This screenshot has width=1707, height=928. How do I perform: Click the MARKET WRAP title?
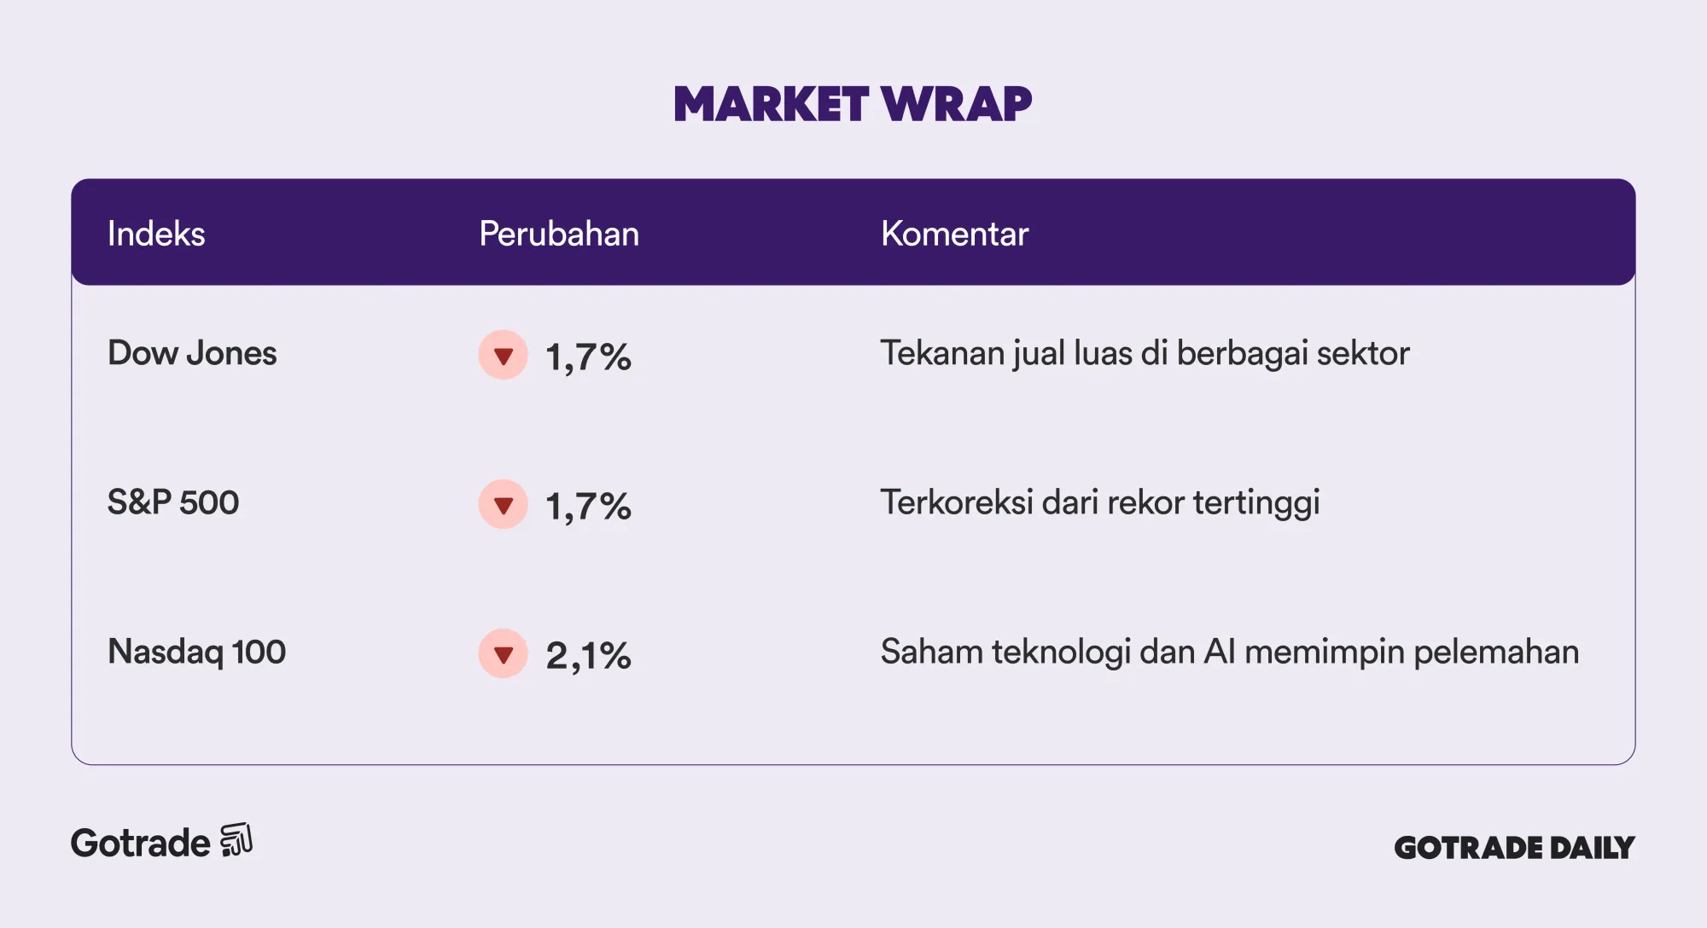853,104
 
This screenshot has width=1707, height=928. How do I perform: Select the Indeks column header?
156,234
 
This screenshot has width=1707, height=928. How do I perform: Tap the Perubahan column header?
559,234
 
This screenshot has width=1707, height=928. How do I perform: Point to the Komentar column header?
954,234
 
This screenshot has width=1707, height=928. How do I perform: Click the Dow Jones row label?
192,353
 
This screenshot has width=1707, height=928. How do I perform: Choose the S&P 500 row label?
173,502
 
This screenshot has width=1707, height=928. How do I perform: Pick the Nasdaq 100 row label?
196,652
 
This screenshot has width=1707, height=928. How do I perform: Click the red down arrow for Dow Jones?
504,355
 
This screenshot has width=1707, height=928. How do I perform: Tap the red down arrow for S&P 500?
504,504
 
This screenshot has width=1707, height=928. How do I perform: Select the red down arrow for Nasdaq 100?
504,653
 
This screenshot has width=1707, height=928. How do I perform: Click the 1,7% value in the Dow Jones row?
588,357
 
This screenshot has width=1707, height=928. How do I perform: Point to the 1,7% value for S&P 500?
588,507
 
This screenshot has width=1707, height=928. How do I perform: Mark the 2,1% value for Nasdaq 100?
588,656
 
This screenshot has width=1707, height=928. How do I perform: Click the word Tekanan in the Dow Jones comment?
942,353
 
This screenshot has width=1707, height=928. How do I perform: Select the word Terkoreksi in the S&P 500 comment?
957,502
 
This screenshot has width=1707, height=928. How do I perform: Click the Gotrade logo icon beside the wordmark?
236,840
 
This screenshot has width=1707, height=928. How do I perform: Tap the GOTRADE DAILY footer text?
1514,848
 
